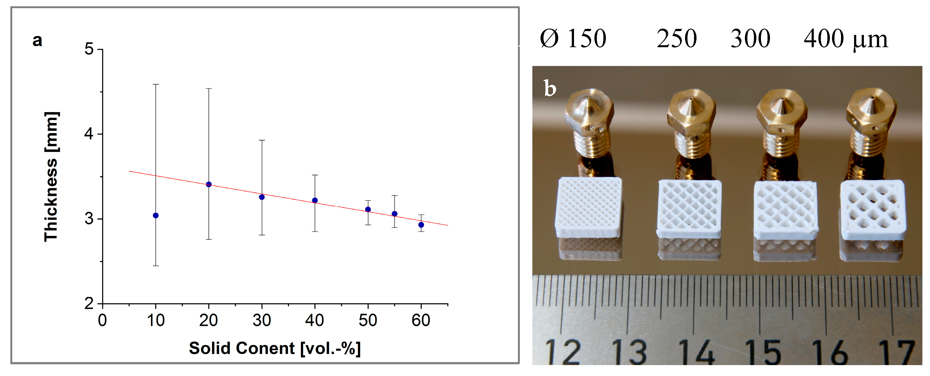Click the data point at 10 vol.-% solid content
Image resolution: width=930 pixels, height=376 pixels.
click(x=156, y=215)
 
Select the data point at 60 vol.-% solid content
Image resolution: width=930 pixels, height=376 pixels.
click(x=421, y=225)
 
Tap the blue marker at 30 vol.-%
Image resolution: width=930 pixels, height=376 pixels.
click(x=262, y=197)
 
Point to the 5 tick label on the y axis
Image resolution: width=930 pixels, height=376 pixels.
click(x=89, y=49)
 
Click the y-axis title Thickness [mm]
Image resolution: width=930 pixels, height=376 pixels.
click(x=51, y=177)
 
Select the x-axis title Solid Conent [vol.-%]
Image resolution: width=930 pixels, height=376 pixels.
click(x=275, y=348)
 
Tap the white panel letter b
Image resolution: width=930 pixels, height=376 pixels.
click(x=550, y=89)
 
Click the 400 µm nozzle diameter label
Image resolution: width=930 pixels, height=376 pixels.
click(x=845, y=38)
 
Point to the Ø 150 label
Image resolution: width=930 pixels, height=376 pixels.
click(x=573, y=38)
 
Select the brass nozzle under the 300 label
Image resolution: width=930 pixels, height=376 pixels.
click(x=782, y=123)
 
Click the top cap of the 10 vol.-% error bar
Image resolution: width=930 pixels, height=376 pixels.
click(x=156, y=84)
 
